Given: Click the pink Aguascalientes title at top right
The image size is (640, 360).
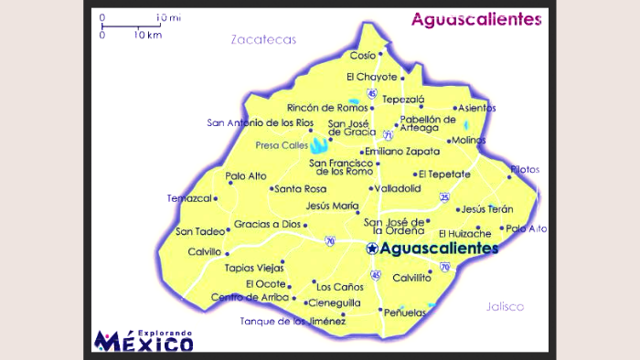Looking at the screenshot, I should click(x=475, y=19).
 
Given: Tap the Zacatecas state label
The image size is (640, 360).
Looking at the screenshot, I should click(x=264, y=39).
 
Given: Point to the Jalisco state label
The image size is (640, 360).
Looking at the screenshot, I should click(x=506, y=306).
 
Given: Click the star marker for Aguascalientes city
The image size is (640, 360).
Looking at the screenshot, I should click(x=371, y=248).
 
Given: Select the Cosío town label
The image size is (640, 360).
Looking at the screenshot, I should click(x=362, y=55).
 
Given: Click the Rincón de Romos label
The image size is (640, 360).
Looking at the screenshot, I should click(x=319, y=108).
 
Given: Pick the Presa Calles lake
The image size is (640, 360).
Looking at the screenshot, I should click(x=319, y=144).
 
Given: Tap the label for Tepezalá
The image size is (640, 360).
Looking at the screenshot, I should click(x=403, y=98).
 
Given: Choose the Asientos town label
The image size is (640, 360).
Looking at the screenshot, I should click(x=476, y=108).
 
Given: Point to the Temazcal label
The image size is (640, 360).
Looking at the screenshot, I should click(x=188, y=197).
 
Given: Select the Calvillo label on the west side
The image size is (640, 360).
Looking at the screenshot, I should click(x=205, y=252).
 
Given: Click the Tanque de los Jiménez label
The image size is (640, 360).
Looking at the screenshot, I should click(x=293, y=321).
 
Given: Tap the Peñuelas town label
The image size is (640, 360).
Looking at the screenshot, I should click(x=406, y=312).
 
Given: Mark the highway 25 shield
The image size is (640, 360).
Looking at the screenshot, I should click(x=444, y=196).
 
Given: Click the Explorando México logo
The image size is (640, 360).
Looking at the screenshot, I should click(x=144, y=340).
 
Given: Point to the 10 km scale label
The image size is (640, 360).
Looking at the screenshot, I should click(x=147, y=35).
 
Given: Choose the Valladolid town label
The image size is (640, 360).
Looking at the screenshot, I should click(x=398, y=188).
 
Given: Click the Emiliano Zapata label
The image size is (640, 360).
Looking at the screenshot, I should click(x=403, y=152).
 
